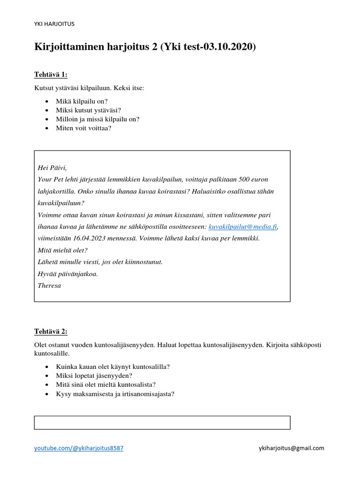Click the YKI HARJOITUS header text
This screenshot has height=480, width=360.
[54, 24]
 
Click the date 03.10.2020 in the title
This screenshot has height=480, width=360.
[228, 47]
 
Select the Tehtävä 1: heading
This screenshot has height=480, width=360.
[51, 75]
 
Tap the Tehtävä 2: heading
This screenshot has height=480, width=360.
[51, 331]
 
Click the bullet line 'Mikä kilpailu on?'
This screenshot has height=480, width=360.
[82, 101]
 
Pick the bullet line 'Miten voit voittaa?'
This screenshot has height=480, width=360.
[83, 128]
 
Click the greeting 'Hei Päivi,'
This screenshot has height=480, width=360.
[52, 168]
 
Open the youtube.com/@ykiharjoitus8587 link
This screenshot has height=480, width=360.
[79, 448]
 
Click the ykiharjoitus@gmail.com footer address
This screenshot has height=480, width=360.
[291, 448]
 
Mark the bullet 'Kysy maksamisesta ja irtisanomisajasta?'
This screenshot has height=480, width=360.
[115, 394]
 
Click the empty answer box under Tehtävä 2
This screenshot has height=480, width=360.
[162, 422]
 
